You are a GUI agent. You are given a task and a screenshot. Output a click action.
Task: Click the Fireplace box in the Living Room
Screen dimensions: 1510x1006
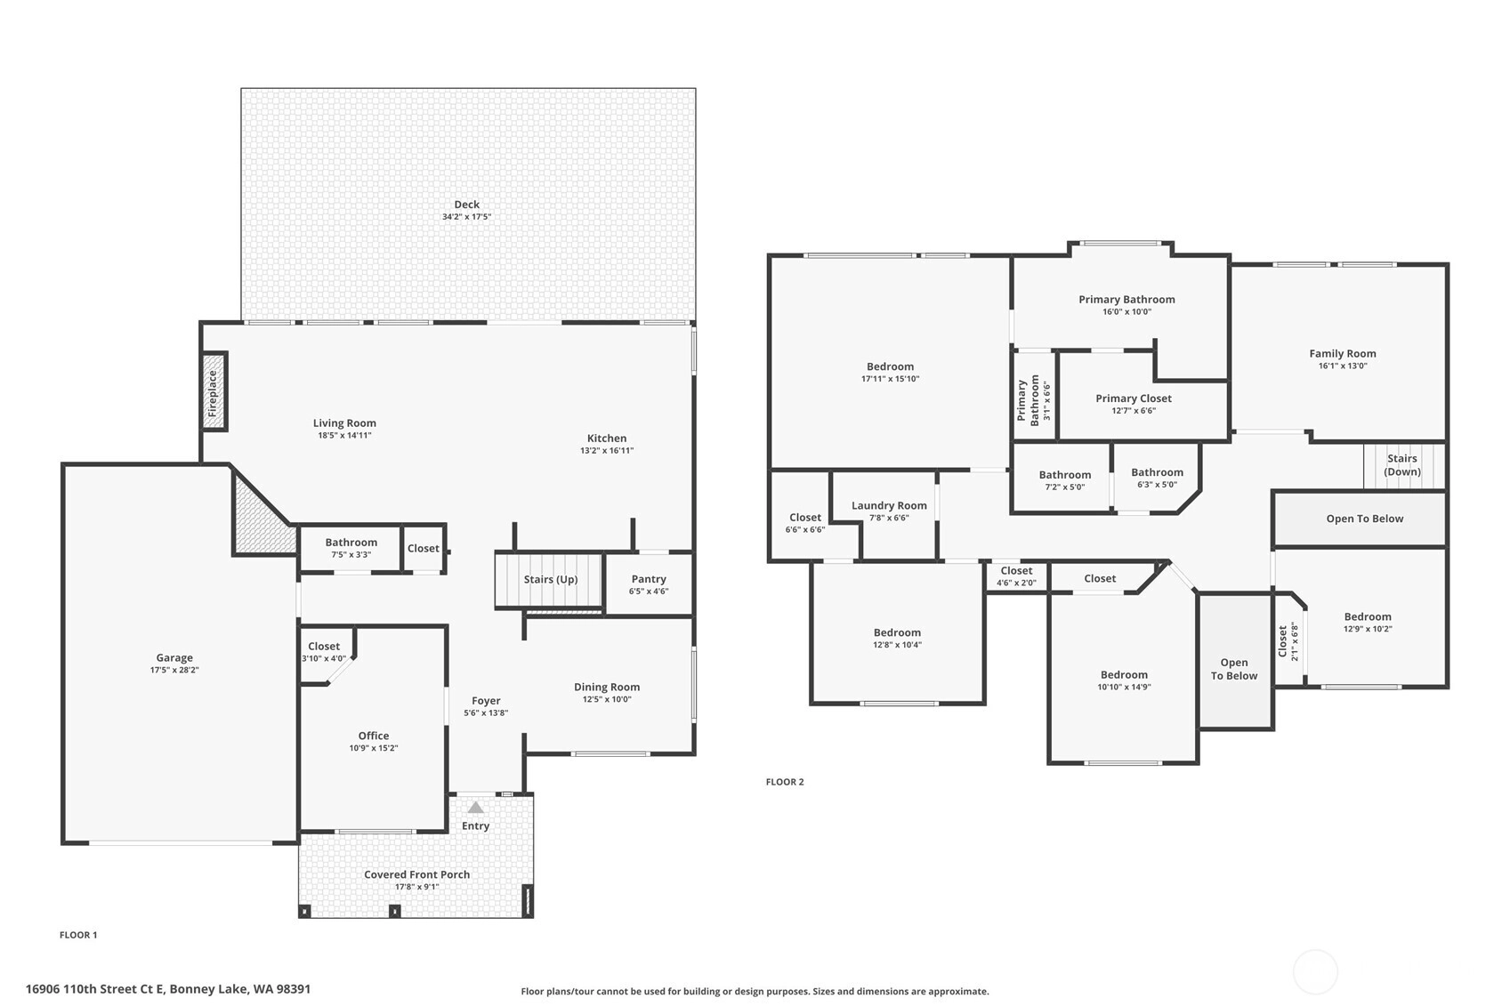(214, 392)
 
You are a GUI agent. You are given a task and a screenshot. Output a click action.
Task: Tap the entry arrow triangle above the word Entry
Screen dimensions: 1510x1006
(476, 808)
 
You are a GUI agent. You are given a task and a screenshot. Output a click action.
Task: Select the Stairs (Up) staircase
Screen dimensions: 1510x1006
(549, 580)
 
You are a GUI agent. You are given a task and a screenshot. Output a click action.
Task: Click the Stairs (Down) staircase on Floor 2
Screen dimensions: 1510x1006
(1404, 465)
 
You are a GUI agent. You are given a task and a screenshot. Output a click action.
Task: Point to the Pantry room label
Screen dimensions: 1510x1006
(649, 579)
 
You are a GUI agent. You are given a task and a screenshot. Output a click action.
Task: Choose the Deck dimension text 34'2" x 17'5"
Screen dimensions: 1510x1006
(466, 217)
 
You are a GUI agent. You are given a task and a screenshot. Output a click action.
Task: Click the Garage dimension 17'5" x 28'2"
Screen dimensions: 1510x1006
(174, 670)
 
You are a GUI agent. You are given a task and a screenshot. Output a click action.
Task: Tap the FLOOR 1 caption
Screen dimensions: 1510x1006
(78, 935)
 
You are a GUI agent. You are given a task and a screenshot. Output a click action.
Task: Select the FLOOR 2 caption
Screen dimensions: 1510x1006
(785, 782)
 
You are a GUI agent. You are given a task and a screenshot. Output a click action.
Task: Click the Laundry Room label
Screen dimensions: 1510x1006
(889, 505)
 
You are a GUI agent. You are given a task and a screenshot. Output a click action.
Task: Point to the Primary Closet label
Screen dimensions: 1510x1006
(1134, 398)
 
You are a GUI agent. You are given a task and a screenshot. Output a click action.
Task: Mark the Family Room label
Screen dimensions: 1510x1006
(1343, 353)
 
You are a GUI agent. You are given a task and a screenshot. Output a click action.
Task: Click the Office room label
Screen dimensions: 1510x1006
(374, 736)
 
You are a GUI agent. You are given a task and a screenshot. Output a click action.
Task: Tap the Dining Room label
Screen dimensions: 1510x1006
(607, 688)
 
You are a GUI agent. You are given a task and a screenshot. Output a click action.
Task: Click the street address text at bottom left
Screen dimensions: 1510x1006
(168, 989)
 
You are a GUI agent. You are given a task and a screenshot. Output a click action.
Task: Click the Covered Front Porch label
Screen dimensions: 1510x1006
(416, 874)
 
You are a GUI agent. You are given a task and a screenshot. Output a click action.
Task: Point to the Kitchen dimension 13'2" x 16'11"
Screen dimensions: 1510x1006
(607, 451)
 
